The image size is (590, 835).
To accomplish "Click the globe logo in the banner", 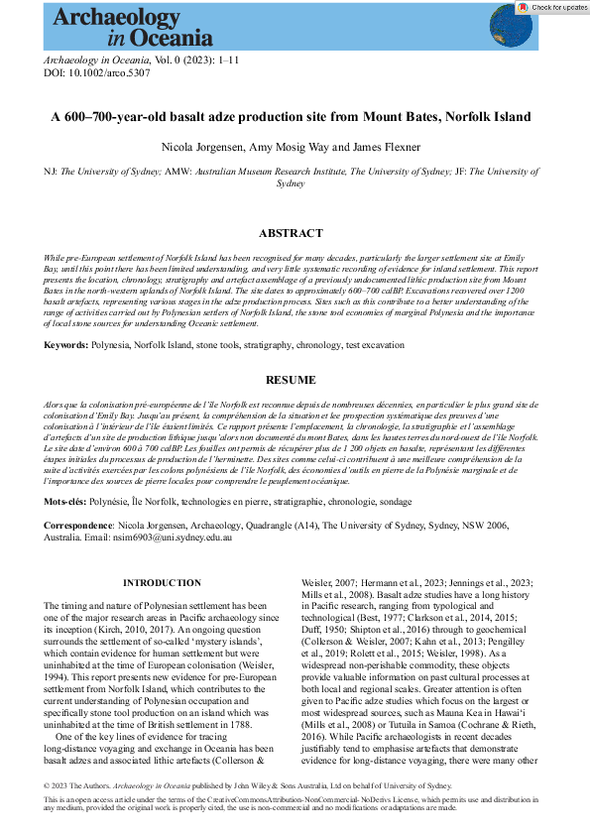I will click(x=512, y=26).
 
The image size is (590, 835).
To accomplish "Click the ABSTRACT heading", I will click(x=291, y=234).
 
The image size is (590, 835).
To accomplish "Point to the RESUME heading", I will click(x=291, y=380).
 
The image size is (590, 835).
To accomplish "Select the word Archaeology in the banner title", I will click(x=109, y=16).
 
